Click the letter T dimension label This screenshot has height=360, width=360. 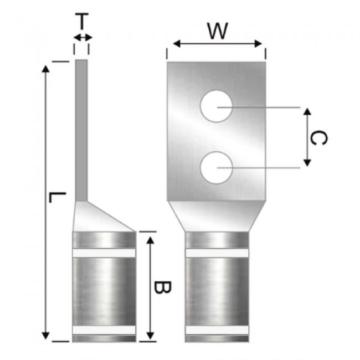(82, 22)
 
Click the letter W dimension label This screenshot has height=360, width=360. (218, 30)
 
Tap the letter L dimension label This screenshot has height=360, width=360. (58, 198)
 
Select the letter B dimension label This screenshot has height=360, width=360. (162, 287)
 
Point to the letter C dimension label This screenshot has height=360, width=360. (318, 138)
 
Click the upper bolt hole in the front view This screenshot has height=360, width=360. (216, 106)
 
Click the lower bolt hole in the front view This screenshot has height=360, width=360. (216, 168)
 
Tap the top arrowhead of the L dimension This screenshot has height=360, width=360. (45, 69)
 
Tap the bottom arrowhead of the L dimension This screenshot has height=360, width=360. (45, 336)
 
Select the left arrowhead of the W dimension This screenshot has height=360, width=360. (176, 43)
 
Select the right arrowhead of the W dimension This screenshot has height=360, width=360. (258, 43)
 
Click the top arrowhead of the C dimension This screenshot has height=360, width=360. (307, 111)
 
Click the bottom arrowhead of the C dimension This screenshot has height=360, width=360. (307, 162)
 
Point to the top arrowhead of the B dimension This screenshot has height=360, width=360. (150, 240)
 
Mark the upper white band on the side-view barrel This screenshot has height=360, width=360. (104, 253)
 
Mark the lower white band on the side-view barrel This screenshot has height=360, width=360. (104, 330)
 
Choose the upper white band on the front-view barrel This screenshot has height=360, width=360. (217, 253)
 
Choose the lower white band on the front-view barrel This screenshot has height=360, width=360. (217, 330)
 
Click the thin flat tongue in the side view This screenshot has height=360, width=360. (81, 130)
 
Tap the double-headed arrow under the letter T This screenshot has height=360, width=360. (83, 37)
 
